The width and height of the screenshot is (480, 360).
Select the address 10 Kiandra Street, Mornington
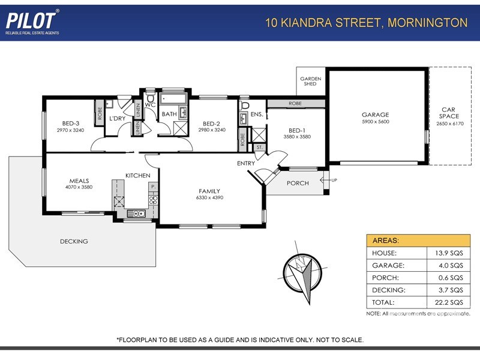(x=366, y=23)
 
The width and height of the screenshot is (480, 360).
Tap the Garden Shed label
(x=311, y=81)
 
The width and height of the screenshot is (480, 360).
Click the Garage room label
(x=375, y=115)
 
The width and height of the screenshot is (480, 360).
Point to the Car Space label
(x=449, y=112)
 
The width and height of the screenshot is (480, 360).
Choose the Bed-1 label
(x=297, y=130)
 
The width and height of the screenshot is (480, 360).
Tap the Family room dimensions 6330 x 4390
(x=211, y=197)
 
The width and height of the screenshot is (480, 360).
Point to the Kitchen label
(x=137, y=175)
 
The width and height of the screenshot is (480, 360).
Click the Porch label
(x=298, y=184)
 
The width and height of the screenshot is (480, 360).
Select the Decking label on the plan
(x=74, y=242)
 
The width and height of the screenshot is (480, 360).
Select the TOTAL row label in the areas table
(x=383, y=302)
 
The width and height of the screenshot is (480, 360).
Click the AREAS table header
(x=386, y=241)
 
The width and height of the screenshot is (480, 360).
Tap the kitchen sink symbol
(x=139, y=213)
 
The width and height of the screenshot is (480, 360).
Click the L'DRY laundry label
(x=116, y=118)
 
